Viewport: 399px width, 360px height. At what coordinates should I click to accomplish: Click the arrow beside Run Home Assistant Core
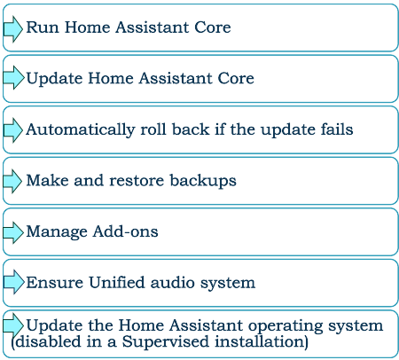13,29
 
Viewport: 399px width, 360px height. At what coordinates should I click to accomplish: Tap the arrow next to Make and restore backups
12,181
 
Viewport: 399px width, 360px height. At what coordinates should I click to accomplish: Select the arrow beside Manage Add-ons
13,232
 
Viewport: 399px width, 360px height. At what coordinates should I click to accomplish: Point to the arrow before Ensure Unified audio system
13,282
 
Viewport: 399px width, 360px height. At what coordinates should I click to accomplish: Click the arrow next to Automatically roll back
13,130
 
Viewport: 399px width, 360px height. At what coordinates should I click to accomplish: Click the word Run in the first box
43,27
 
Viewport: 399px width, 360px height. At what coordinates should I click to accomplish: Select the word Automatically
81,130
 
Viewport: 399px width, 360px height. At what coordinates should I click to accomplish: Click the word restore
137,180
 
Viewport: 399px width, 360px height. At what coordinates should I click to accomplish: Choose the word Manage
57,232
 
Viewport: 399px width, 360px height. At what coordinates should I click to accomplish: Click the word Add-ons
126,231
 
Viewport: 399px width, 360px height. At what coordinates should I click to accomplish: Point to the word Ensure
55,282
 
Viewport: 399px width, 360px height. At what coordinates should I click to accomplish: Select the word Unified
117,282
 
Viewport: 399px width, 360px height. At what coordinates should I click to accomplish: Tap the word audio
172,282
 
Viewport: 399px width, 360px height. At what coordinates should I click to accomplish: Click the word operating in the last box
286,326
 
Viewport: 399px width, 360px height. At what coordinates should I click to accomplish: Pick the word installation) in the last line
262,341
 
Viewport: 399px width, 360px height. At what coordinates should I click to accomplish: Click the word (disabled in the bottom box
46,342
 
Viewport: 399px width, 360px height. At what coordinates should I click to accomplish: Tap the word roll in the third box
153,129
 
